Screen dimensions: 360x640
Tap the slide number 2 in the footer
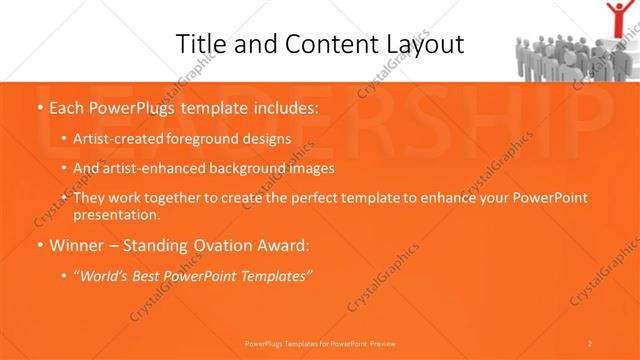590,343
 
